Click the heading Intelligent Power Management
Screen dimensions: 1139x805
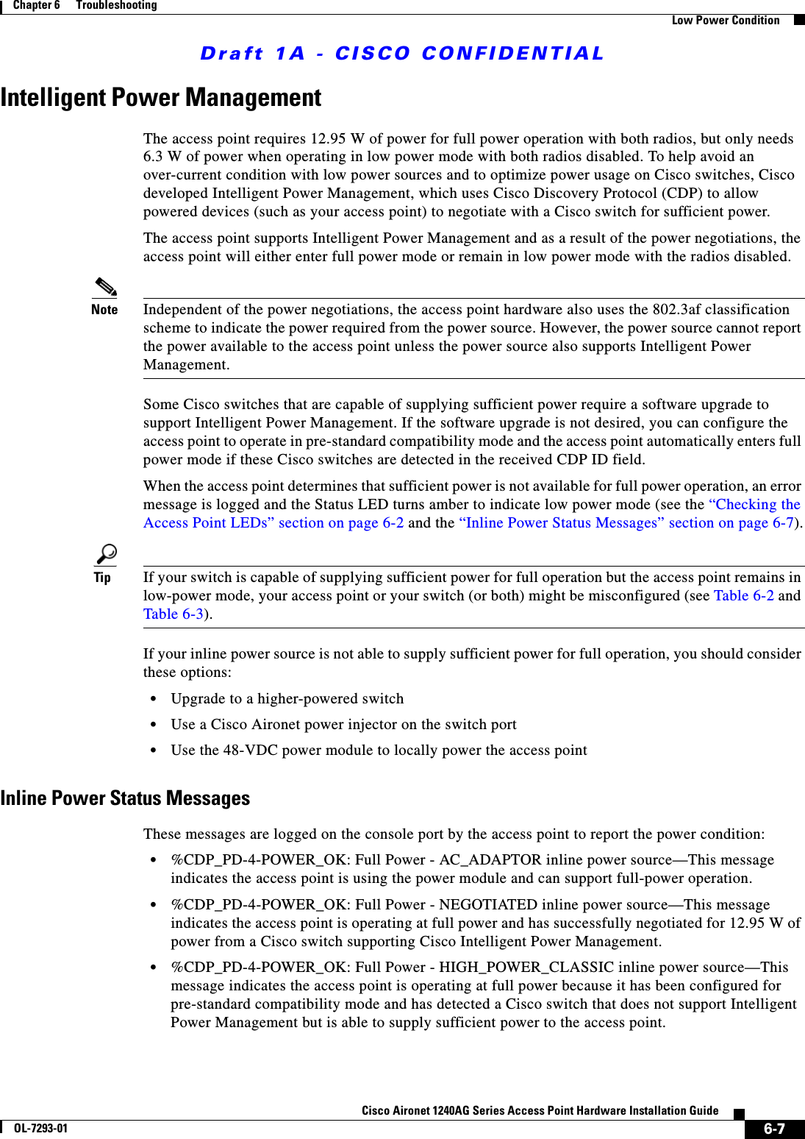(161, 98)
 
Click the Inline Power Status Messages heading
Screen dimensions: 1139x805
(125, 798)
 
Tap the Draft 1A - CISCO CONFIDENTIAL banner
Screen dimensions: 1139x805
(402, 54)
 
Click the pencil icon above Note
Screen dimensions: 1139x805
(106, 287)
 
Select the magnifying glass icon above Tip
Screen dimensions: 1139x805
(107, 553)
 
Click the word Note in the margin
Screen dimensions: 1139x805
(104, 310)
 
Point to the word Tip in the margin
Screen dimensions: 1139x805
(102, 578)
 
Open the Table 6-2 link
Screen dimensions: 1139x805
(743, 596)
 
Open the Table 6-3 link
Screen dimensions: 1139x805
(173, 614)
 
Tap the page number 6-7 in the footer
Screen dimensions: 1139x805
(774, 1129)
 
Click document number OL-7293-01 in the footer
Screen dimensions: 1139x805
(40, 1128)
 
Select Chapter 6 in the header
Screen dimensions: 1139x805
(37, 6)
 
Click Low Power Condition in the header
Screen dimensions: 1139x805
(725, 21)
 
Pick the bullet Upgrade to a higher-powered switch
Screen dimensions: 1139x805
(287, 699)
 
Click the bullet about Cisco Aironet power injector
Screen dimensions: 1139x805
(343, 725)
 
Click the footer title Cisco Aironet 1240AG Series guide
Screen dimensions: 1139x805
(540, 1111)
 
